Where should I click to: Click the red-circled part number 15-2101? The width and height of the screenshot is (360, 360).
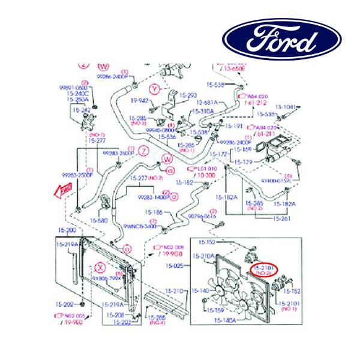(265, 268)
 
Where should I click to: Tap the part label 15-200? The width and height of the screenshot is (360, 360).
(67, 230)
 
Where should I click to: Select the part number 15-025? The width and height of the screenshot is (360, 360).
(175, 265)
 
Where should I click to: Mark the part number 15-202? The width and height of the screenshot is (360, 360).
(66, 304)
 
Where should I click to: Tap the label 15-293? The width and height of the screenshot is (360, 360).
(188, 95)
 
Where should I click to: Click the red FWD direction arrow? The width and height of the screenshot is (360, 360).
(62, 191)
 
